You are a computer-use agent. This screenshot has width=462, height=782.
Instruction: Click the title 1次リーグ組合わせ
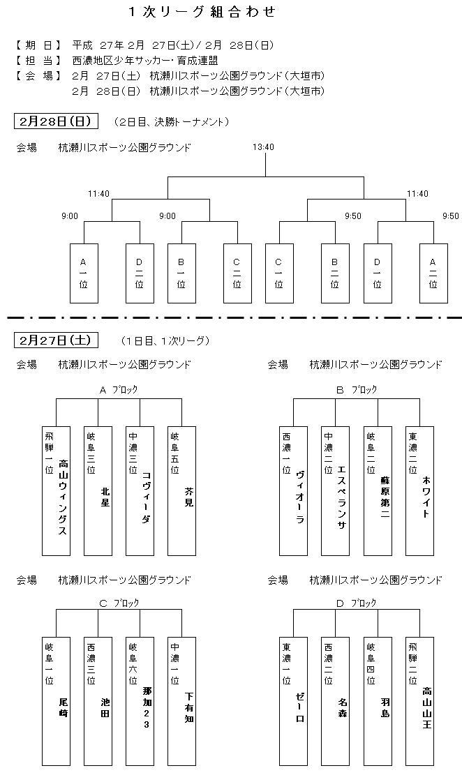[202, 12]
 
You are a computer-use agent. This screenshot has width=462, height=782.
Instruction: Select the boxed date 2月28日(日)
[56, 121]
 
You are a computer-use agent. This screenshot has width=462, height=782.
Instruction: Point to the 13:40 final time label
[264, 147]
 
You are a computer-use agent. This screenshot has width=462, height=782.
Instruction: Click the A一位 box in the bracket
[84, 273]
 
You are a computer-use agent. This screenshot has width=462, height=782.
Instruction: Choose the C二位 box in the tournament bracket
[237, 273]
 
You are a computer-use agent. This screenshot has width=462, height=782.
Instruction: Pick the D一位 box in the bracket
[378, 273]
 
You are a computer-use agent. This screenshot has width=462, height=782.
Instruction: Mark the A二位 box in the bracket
[433, 273]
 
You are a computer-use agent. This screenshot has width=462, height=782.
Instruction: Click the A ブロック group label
[119, 390]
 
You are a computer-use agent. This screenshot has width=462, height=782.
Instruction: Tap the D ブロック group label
[357, 603]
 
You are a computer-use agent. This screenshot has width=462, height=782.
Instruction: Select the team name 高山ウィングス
[63, 497]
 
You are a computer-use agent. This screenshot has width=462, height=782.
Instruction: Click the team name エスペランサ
[342, 497]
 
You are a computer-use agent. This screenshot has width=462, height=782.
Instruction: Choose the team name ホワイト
[426, 497]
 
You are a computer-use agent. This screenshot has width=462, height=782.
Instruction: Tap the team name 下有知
[188, 707]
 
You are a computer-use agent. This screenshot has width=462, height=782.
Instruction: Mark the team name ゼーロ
[300, 708]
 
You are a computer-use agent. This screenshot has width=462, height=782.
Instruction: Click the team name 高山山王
[426, 707]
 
